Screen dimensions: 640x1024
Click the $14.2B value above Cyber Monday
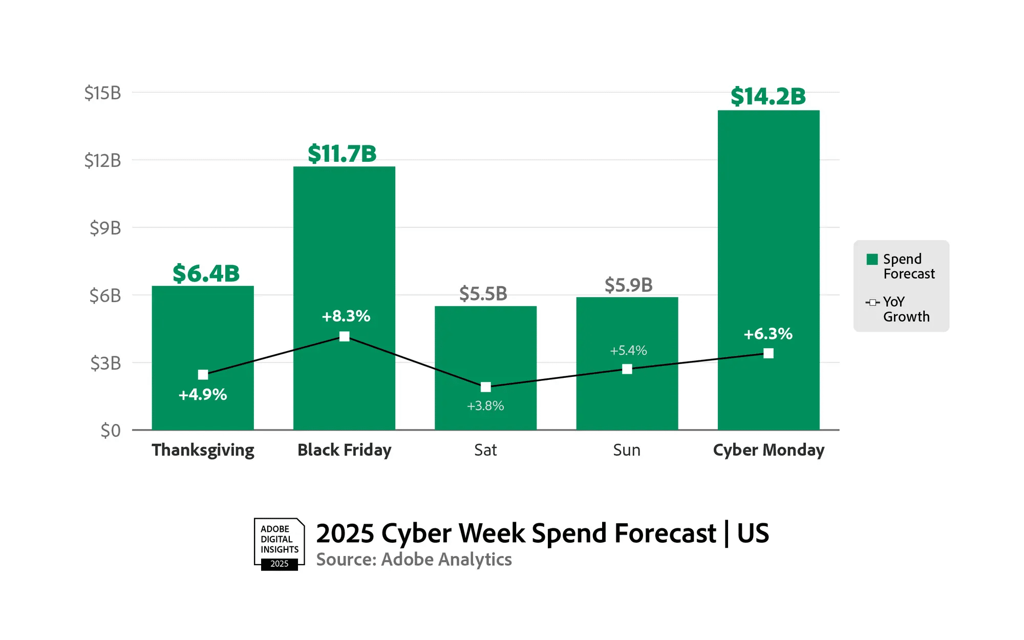click(768, 96)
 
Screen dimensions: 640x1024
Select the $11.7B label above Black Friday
click(342, 154)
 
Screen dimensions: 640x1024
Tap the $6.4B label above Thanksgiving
click(206, 273)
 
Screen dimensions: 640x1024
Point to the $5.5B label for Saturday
click(483, 294)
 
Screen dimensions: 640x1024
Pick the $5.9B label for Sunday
click(628, 285)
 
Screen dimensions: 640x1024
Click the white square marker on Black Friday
click(345, 336)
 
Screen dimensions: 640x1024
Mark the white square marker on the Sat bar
click(486, 387)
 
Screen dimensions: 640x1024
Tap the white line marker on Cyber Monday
click(769, 353)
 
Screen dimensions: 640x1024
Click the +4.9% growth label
click(203, 395)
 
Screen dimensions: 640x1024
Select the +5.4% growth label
click(628, 351)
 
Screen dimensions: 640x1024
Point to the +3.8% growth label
click(485, 406)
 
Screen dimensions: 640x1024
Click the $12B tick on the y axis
click(102, 161)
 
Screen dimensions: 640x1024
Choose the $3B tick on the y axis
click(105, 364)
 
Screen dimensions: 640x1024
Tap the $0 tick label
click(111, 431)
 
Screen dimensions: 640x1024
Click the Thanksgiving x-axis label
click(203, 450)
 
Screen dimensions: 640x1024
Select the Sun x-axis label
click(627, 450)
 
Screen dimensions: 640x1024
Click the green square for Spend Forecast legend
click(872, 259)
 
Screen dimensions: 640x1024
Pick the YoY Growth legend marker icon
click(872, 303)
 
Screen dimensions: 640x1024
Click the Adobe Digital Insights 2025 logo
click(279, 544)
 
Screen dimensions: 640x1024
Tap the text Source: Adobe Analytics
click(414, 560)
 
